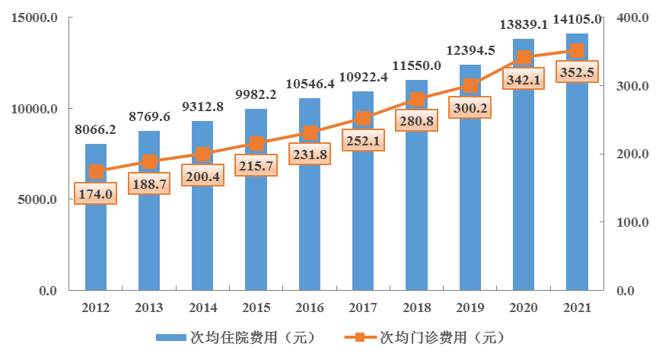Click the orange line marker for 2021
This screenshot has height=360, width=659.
pyautogui.click(x=577, y=51)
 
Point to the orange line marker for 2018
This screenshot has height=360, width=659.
pyautogui.click(x=417, y=99)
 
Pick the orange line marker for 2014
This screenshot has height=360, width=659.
pyautogui.click(x=202, y=155)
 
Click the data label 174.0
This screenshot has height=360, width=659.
pyautogui.click(x=95, y=195)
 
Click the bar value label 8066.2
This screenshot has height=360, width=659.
pyautogui.click(x=95, y=130)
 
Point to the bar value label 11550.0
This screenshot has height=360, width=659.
pyautogui.click(x=416, y=66)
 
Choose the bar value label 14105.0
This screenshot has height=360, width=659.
pyautogui.click(x=577, y=20)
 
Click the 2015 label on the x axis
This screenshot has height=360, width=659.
pyautogui.click(x=256, y=308)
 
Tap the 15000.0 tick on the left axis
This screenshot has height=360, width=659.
pyautogui.click(x=35, y=18)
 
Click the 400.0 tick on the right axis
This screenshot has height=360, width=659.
pyautogui.click(x=628, y=18)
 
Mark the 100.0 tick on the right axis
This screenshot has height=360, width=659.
pyautogui.click(x=628, y=223)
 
